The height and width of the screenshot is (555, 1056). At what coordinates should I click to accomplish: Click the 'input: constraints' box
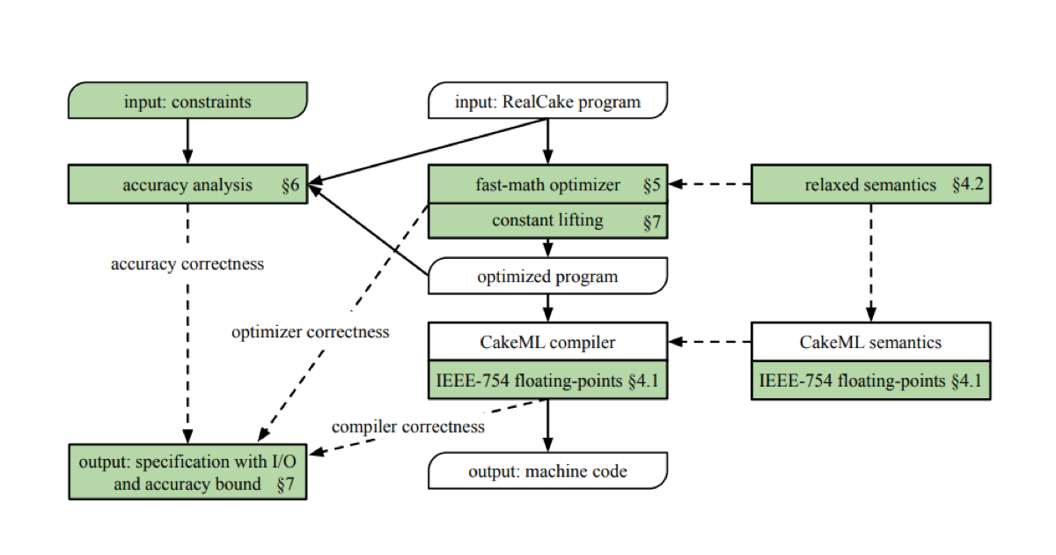[187, 101]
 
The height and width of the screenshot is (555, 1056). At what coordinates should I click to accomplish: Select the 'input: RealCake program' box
[547, 101]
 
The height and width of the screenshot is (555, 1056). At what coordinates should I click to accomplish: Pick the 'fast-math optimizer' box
[547, 185]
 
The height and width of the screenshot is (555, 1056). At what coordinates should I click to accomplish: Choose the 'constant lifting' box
[547, 221]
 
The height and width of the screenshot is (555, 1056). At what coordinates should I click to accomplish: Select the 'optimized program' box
[547, 277]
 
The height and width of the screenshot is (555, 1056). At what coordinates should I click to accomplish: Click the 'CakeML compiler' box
[547, 342]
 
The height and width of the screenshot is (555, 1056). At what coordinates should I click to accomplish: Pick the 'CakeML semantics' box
[870, 342]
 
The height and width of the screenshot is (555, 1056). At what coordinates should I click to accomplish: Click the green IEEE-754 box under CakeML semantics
[870, 381]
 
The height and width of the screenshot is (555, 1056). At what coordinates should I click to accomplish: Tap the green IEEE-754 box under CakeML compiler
[547, 381]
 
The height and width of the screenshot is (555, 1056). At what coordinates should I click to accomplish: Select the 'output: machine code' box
[547, 471]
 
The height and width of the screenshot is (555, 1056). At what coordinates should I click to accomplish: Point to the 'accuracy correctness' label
[187, 263]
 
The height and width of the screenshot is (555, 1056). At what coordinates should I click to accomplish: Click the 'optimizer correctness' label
[310, 332]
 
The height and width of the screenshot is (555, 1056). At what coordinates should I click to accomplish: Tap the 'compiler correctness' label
[408, 426]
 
